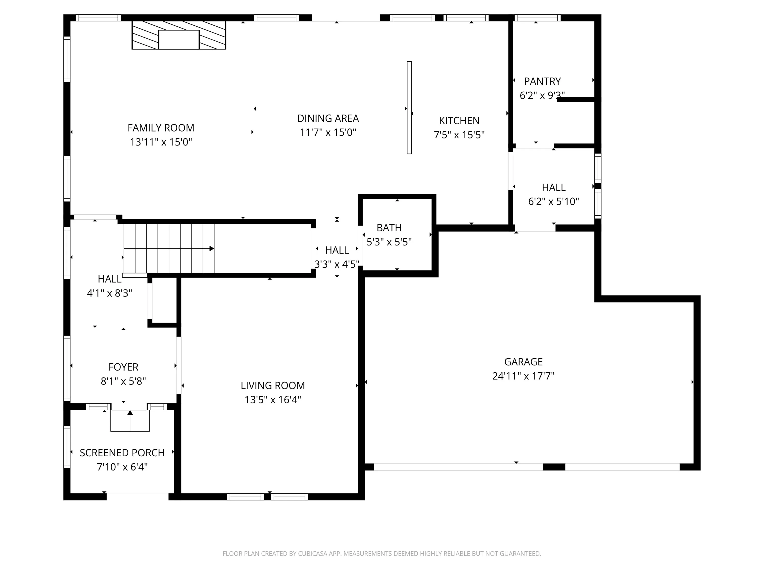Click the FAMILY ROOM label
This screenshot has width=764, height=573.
tap(161, 128)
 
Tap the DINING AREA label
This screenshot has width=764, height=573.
tap(328, 118)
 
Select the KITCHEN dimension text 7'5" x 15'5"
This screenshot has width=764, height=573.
tap(459, 135)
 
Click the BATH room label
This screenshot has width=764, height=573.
tap(389, 228)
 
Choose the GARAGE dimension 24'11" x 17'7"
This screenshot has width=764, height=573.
tap(523, 376)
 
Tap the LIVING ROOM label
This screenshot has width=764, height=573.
tap(273, 385)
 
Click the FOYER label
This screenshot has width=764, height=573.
tap(123, 367)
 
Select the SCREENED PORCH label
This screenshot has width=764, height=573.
tap(122, 453)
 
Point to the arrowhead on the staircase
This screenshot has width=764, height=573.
tap(212, 249)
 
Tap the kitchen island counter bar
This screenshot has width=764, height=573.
tap(409, 108)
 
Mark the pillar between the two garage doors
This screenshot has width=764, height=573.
tap(554, 467)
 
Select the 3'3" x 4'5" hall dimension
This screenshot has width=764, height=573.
tap(337, 265)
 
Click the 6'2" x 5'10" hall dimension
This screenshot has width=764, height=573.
tap(554, 201)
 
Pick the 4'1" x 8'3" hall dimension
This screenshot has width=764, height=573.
tap(109, 293)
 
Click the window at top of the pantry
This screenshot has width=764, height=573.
tap(538, 18)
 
